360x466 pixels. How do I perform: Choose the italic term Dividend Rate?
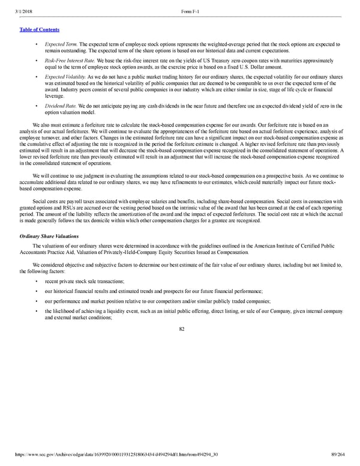(x=61, y=106)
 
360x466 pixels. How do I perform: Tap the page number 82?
(x=179, y=328)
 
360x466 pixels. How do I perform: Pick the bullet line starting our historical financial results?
(x=149, y=291)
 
